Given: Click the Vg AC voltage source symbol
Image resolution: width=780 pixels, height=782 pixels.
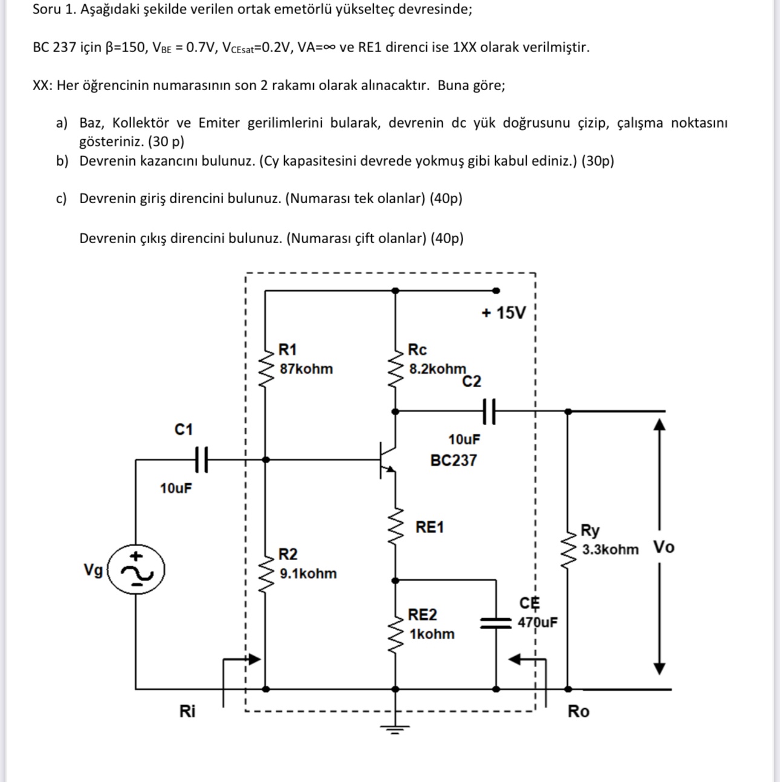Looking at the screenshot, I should click(x=136, y=570).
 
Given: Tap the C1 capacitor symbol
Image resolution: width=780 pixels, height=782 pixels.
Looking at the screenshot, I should click(x=201, y=460).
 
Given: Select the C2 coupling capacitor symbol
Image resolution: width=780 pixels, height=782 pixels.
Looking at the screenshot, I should click(x=490, y=411).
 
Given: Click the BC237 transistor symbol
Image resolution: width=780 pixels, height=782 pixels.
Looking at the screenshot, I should click(x=387, y=460).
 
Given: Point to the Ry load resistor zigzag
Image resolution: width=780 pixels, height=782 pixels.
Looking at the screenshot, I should click(x=568, y=547).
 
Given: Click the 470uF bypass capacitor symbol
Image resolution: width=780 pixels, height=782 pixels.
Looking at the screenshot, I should click(x=495, y=623).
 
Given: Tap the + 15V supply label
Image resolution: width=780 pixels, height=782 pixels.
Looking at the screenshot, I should click(x=504, y=313).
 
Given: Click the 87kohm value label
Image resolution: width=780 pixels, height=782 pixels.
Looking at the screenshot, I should click(x=306, y=369).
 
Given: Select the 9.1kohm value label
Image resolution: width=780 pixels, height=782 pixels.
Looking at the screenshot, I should click(x=308, y=573).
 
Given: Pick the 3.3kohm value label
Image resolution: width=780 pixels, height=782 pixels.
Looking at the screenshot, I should click(x=610, y=550).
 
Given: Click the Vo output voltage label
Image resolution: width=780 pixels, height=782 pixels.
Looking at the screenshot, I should click(x=664, y=547).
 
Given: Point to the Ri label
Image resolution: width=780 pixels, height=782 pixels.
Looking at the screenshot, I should click(x=187, y=711).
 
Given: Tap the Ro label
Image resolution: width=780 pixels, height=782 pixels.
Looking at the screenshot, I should click(x=578, y=711).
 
